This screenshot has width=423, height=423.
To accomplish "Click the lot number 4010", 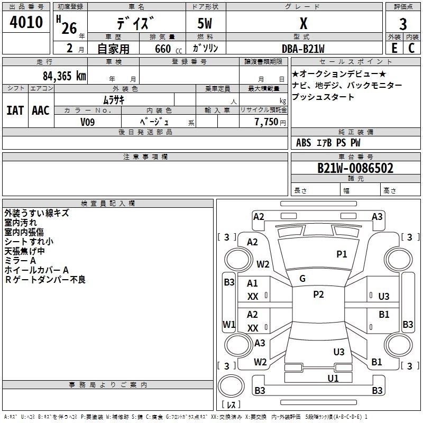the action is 26,22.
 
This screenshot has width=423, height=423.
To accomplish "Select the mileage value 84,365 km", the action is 65,76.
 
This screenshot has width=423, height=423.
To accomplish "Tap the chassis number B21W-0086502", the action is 355,168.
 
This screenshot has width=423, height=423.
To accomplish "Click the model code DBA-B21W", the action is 303,49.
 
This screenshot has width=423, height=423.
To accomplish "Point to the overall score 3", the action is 403,24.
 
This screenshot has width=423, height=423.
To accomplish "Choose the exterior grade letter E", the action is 394,48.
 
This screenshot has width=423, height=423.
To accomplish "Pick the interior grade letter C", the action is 411,48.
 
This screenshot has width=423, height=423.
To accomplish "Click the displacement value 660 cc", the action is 168,49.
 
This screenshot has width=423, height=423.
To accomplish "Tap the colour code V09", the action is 87,122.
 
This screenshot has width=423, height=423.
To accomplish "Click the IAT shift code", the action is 15,111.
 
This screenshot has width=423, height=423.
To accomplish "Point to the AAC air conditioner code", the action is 41,111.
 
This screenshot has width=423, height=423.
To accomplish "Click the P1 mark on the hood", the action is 342,254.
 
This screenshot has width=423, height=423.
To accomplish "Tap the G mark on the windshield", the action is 302,279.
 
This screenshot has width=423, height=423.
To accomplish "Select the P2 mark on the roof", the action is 318,294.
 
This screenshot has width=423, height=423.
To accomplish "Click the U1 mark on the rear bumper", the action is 333,378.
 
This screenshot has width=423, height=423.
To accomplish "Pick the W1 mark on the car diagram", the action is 229,324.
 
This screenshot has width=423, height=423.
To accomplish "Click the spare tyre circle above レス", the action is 231,385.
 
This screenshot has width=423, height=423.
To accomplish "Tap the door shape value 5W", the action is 205,23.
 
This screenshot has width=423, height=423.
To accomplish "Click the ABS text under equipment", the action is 304,143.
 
